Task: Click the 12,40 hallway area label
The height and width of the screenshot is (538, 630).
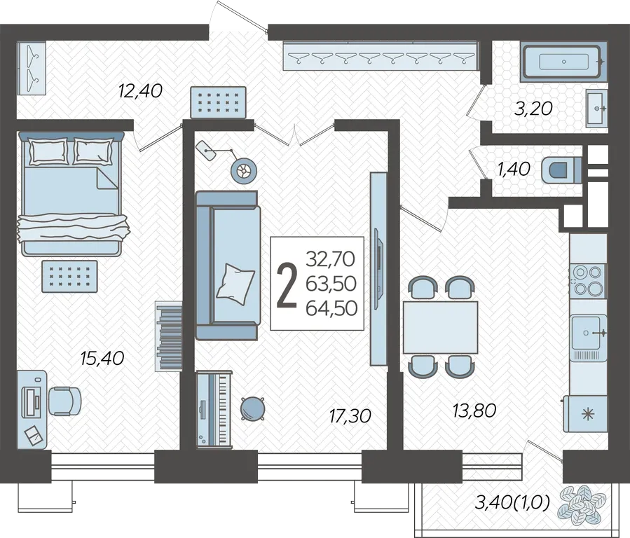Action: click(x=141, y=91)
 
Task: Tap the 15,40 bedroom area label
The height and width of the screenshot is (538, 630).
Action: click(x=102, y=358)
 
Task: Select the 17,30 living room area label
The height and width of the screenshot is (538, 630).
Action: click(x=350, y=416)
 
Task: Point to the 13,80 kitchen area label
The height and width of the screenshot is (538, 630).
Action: click(x=474, y=411)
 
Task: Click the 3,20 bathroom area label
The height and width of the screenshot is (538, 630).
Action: click(x=533, y=109)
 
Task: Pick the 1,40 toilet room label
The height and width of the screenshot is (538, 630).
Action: click(x=514, y=169)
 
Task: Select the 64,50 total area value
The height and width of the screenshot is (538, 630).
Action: click(x=331, y=309)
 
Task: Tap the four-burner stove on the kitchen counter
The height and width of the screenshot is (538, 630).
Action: click(x=587, y=280)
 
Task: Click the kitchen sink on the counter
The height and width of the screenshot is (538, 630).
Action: click(x=588, y=333)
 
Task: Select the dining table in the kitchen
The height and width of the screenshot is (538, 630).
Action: click(x=440, y=327)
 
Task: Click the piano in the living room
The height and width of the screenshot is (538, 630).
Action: click(x=214, y=408)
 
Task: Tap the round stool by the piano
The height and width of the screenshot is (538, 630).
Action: click(x=253, y=408)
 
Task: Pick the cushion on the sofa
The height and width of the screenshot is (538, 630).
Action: click(x=235, y=284)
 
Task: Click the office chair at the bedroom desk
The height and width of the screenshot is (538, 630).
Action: click(x=64, y=401)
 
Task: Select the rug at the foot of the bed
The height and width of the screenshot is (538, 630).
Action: click(x=69, y=276)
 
